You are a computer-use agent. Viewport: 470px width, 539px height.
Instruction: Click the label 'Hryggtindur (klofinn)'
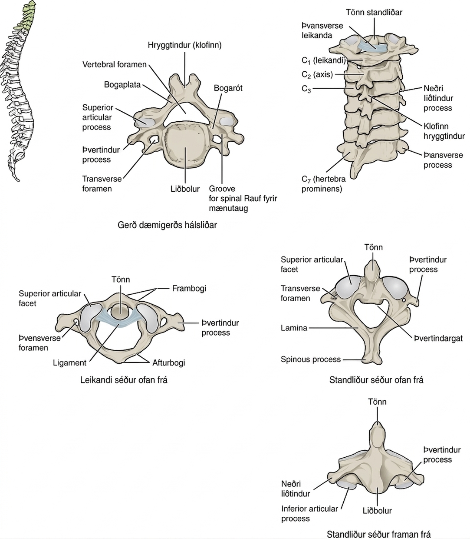pyautogui.click(x=184, y=45)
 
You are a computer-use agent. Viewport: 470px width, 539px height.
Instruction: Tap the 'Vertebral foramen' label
pyautogui.click(x=114, y=64)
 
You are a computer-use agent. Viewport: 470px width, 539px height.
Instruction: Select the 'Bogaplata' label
pyautogui.click(x=122, y=85)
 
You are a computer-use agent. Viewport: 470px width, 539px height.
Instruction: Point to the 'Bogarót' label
pyautogui.click(x=228, y=88)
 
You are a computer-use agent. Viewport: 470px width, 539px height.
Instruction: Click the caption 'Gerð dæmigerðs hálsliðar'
pyautogui.click(x=167, y=225)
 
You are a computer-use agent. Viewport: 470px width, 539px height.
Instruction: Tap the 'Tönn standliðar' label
pyautogui.click(x=374, y=12)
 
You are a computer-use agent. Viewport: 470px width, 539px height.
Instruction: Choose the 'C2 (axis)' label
pyautogui.click(x=317, y=75)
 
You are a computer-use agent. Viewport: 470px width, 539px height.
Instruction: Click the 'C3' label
pyautogui.click(x=306, y=89)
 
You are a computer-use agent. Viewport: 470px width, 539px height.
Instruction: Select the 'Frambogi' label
pyautogui.click(x=189, y=289)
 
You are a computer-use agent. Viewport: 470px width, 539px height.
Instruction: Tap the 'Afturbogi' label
pyautogui.click(x=169, y=363)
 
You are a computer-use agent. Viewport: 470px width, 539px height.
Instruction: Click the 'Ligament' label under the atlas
pyautogui.click(x=69, y=363)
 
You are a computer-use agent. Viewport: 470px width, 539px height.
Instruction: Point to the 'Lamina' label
pyautogui.click(x=294, y=328)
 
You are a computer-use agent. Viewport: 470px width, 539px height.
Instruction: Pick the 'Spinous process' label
pyautogui.click(x=311, y=359)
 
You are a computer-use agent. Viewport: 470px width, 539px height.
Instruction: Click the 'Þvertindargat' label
pyautogui.click(x=438, y=339)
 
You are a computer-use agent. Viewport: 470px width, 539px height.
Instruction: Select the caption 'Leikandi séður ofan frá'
pyautogui.click(x=124, y=380)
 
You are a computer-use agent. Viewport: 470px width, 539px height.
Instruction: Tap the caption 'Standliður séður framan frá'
pyautogui.click(x=379, y=534)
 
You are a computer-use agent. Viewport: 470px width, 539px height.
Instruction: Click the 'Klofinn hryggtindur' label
pyautogui.click(x=444, y=131)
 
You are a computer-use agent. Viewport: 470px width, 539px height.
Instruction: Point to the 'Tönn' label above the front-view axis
pyautogui.click(x=377, y=402)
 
